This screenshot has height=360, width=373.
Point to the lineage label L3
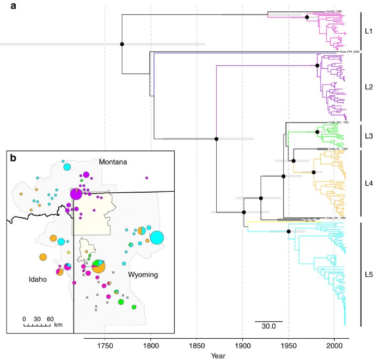368,133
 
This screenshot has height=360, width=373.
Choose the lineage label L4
368,183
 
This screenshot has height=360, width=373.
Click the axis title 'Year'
219,355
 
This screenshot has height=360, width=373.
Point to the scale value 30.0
268,327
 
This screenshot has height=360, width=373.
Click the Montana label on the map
113,162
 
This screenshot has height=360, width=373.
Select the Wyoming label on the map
143,275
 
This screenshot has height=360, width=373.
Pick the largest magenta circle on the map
76,194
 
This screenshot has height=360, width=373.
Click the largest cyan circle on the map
157,237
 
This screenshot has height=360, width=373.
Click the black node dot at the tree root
122,44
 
